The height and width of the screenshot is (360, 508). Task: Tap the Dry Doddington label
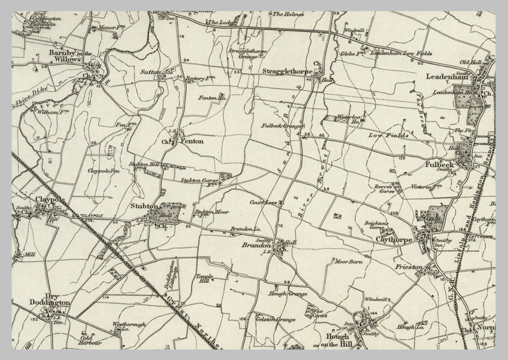pos(49,303)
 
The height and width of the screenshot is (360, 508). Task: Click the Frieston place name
pos(409,268)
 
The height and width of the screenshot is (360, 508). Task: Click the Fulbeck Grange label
pos(283,126)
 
